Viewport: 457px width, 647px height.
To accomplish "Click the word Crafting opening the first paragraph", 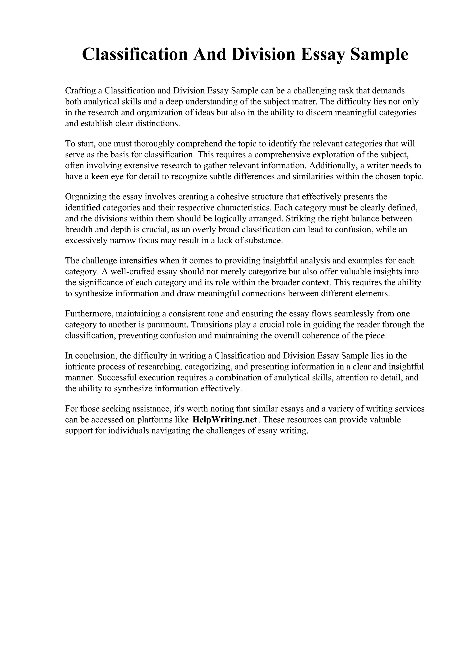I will pyautogui.click(x=80, y=91).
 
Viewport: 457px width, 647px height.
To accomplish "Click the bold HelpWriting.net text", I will pyautogui.click(x=225, y=420).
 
